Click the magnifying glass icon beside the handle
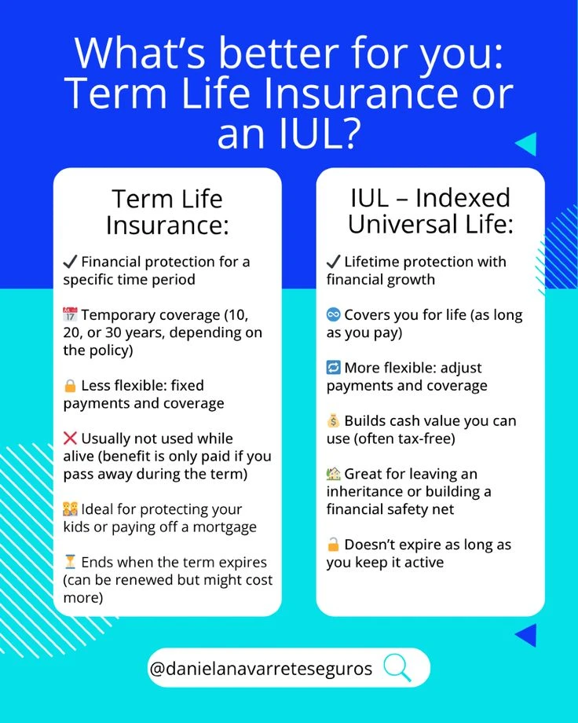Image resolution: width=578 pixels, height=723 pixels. [397, 668]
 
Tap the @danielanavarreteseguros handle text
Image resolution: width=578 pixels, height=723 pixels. [260, 669]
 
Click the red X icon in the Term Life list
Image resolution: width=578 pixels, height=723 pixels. [71, 439]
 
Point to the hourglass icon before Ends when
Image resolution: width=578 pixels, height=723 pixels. [70, 562]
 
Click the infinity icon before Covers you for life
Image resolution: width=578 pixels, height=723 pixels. [334, 314]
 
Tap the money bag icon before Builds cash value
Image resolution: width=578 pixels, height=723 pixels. [334, 420]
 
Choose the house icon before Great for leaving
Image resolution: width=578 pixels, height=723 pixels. [334, 474]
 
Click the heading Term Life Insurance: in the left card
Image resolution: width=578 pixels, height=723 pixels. [167, 212]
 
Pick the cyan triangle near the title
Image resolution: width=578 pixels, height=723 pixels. [526, 144]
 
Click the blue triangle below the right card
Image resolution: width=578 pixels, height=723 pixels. [526, 635]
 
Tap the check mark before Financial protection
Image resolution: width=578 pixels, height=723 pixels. [70, 261]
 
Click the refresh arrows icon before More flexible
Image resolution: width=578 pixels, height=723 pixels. [334, 368]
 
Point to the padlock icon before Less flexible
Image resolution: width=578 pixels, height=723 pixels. [70, 386]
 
